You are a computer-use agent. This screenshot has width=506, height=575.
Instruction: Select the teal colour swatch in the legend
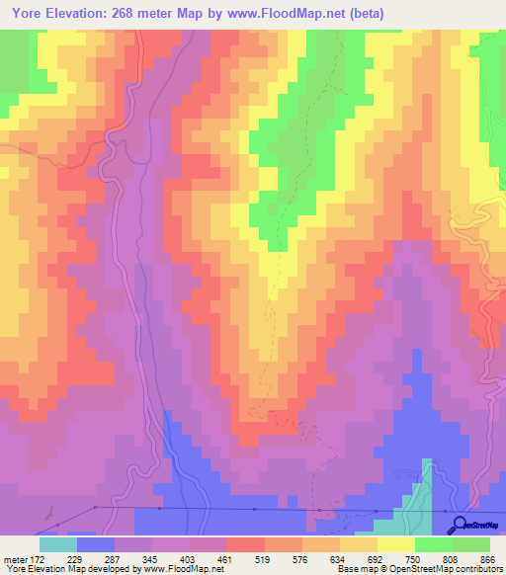click(57, 544)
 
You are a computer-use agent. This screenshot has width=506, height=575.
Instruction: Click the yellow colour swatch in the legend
click(395, 544)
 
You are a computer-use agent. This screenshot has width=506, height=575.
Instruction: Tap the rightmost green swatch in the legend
click(471, 544)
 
